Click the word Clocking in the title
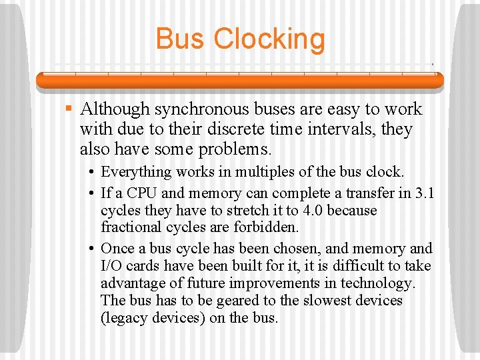pos(269,40)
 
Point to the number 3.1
pos(424,193)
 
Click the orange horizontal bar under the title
pos(240,81)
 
